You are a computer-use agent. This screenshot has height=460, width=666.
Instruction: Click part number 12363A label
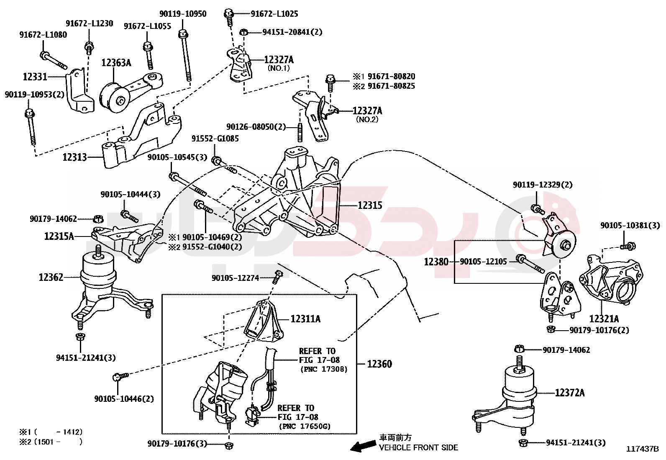(116, 63)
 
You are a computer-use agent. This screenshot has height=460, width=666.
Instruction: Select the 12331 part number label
(35, 77)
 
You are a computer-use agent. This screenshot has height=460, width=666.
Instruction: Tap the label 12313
(74, 157)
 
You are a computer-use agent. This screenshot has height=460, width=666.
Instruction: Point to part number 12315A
(59, 236)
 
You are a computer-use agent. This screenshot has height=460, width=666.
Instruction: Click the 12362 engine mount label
(51, 277)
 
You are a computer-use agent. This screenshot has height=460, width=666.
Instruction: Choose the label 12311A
(305, 319)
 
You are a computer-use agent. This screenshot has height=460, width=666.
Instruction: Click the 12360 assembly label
(379, 364)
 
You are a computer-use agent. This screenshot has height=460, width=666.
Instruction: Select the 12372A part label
(570, 393)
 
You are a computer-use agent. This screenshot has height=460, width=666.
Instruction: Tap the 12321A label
(604, 319)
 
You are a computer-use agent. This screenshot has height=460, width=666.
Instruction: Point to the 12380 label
(436, 262)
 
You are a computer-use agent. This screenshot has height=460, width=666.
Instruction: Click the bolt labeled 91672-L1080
(53, 60)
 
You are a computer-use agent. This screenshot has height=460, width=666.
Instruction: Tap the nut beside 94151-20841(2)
(244, 32)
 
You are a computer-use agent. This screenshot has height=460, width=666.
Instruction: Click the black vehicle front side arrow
(363, 446)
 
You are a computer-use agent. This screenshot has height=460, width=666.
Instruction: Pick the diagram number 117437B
(642, 449)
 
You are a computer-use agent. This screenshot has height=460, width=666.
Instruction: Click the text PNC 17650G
(304, 427)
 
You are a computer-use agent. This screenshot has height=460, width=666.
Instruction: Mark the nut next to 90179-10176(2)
(551, 330)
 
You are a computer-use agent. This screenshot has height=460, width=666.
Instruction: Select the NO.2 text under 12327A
(367, 119)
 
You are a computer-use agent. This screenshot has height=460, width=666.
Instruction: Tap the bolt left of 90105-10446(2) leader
(120, 377)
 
